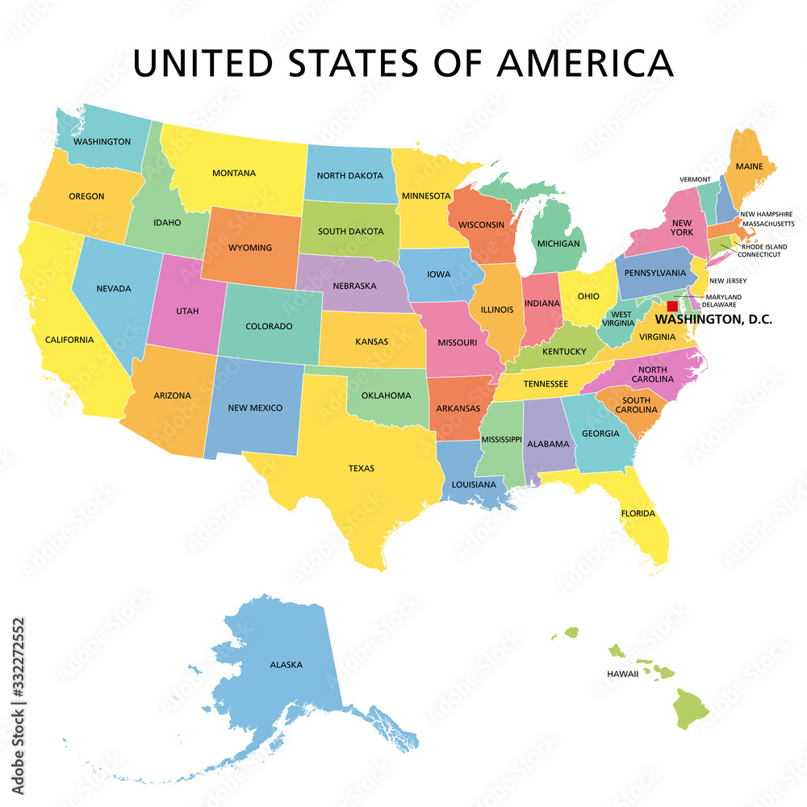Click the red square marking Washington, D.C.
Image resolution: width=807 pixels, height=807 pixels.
click(x=672, y=307)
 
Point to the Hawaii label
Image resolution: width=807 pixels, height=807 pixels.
click(x=622, y=673)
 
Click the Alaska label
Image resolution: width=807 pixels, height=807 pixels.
click(x=286, y=665)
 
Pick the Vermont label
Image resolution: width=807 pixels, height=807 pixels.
click(x=695, y=179)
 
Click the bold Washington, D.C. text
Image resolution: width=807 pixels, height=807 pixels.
click(x=713, y=320)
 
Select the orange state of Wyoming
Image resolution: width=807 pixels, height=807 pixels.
click(x=250, y=246)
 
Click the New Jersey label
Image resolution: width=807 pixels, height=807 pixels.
click(x=728, y=281)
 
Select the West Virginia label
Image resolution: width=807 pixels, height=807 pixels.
click(x=622, y=320)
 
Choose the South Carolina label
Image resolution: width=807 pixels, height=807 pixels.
click(x=636, y=406)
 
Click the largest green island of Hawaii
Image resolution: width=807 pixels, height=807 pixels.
click(x=691, y=708)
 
